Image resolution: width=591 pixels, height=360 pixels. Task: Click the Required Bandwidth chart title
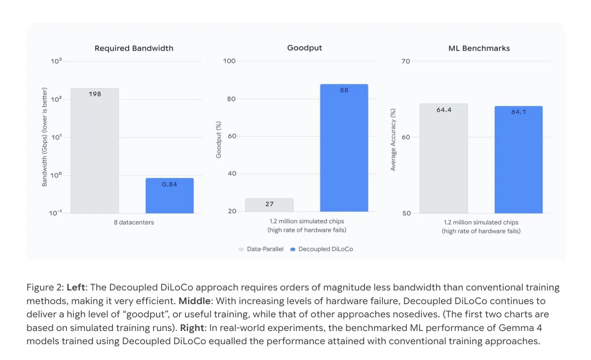(x=134, y=48)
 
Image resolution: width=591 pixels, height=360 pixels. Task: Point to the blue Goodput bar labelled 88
(x=344, y=148)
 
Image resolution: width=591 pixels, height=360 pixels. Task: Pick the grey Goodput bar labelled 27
(x=269, y=205)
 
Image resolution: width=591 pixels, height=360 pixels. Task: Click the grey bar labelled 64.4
(x=443, y=158)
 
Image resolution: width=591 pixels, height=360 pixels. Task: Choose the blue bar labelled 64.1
(x=519, y=160)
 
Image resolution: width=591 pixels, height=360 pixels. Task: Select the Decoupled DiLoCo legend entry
(x=322, y=249)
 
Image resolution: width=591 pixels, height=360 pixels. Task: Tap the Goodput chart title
(x=304, y=48)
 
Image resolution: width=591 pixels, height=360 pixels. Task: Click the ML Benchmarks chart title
(x=479, y=48)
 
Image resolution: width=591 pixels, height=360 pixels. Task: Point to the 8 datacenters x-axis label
(x=134, y=222)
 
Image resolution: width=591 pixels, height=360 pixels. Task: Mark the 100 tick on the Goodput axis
(x=229, y=61)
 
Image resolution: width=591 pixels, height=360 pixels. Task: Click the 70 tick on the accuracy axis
(x=406, y=61)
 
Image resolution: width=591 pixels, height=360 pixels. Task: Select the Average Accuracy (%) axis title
(x=393, y=139)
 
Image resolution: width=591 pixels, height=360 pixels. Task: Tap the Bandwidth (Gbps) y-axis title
(x=44, y=137)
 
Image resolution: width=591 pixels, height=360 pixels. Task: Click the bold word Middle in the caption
(x=194, y=301)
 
